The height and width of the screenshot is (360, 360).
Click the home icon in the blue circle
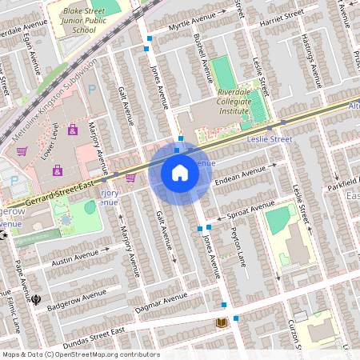click(x=180, y=173)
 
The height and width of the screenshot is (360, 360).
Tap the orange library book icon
click(x=222, y=322)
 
